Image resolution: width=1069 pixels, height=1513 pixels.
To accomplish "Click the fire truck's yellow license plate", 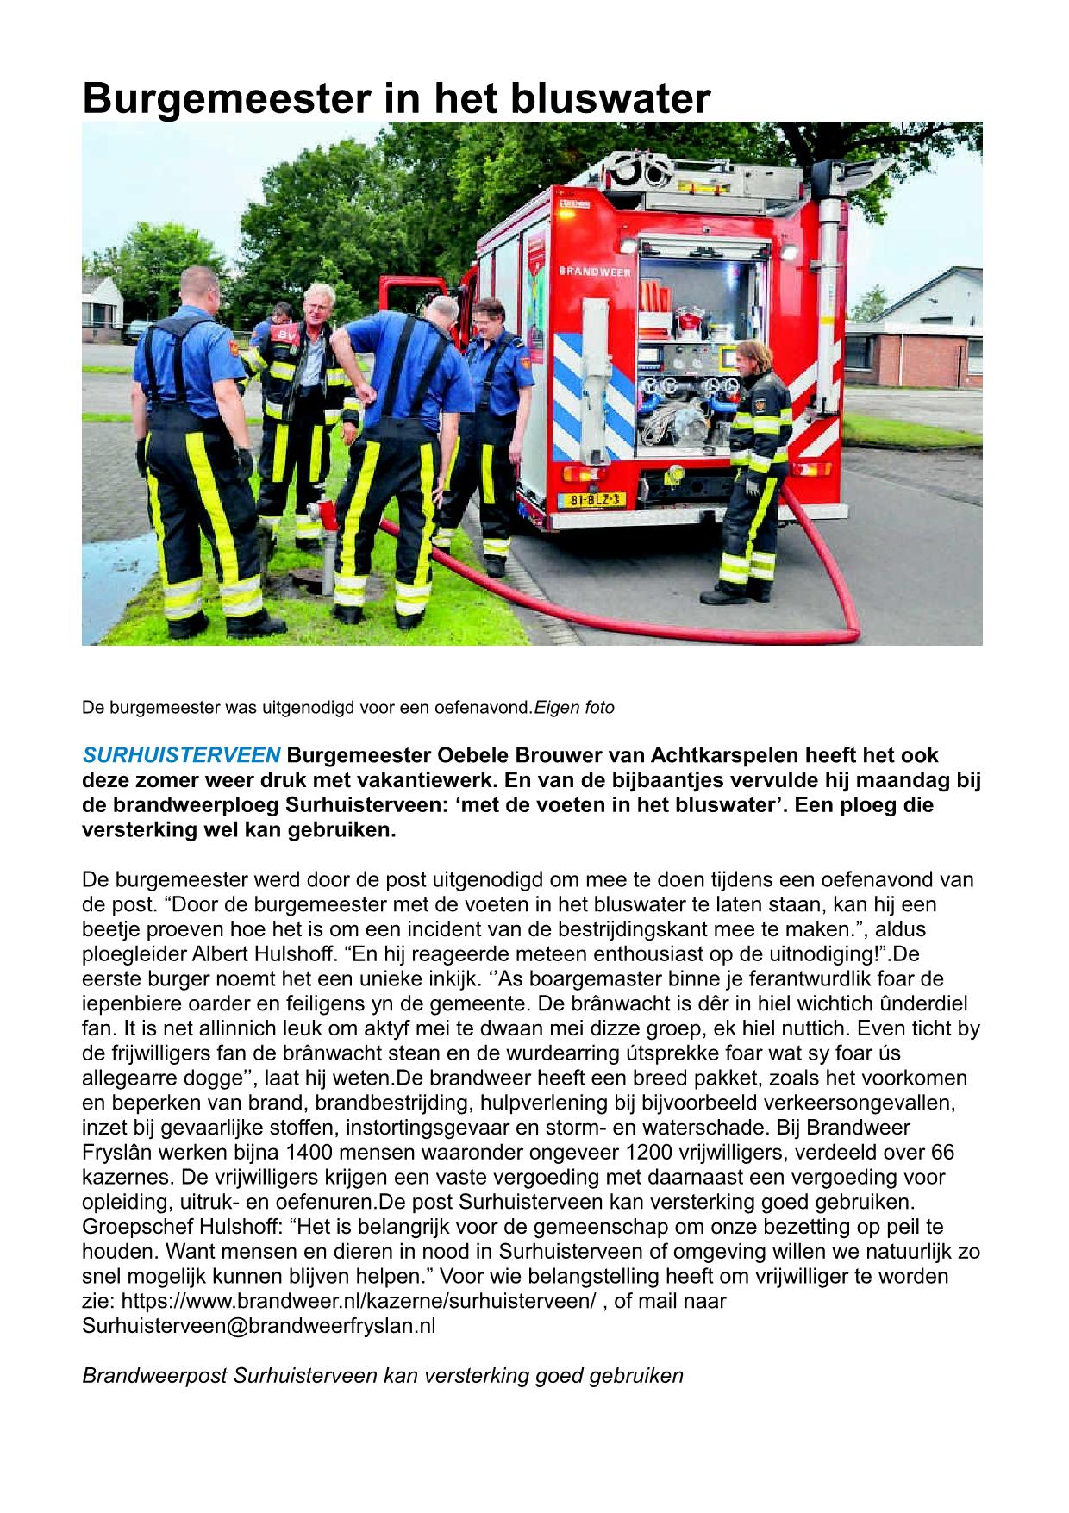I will click(594, 499).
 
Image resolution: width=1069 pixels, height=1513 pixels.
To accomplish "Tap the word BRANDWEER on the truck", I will click(595, 271).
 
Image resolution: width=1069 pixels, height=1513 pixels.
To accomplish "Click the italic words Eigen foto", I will click(574, 708).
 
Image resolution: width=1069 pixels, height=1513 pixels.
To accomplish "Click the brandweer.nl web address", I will click(359, 1301).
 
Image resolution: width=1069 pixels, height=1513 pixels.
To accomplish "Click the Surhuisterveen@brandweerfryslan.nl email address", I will click(259, 1326).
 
